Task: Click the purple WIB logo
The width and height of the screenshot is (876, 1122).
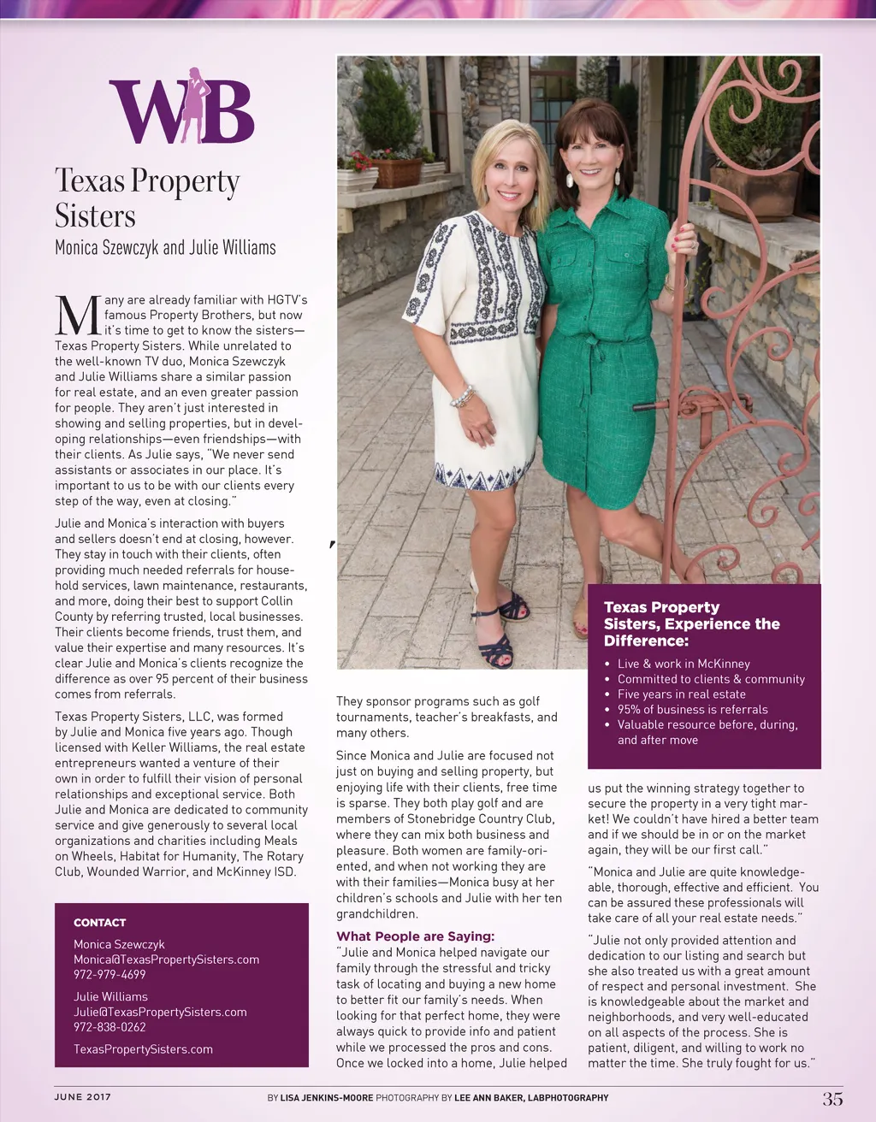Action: tap(181, 109)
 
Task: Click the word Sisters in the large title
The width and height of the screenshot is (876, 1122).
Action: tap(95, 216)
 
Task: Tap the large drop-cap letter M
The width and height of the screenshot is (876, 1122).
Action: tap(77, 315)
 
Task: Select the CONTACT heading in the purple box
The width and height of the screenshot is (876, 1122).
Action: tap(99, 923)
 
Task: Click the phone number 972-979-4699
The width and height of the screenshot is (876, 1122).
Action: tap(109, 974)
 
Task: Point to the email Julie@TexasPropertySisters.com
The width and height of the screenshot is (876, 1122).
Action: tap(160, 1012)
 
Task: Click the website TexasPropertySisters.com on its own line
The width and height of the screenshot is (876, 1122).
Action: tap(143, 1049)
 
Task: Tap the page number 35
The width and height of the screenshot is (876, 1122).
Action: tap(832, 1099)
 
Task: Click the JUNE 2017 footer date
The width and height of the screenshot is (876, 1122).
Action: tap(82, 1097)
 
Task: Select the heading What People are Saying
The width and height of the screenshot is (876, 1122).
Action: tap(415, 936)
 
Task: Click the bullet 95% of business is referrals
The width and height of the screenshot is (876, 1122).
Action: tap(692, 709)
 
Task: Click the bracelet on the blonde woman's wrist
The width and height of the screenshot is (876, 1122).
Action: tap(463, 397)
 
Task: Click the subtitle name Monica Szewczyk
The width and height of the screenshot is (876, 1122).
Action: tap(106, 248)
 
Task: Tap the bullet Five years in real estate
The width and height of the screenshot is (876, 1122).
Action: tap(681, 694)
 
